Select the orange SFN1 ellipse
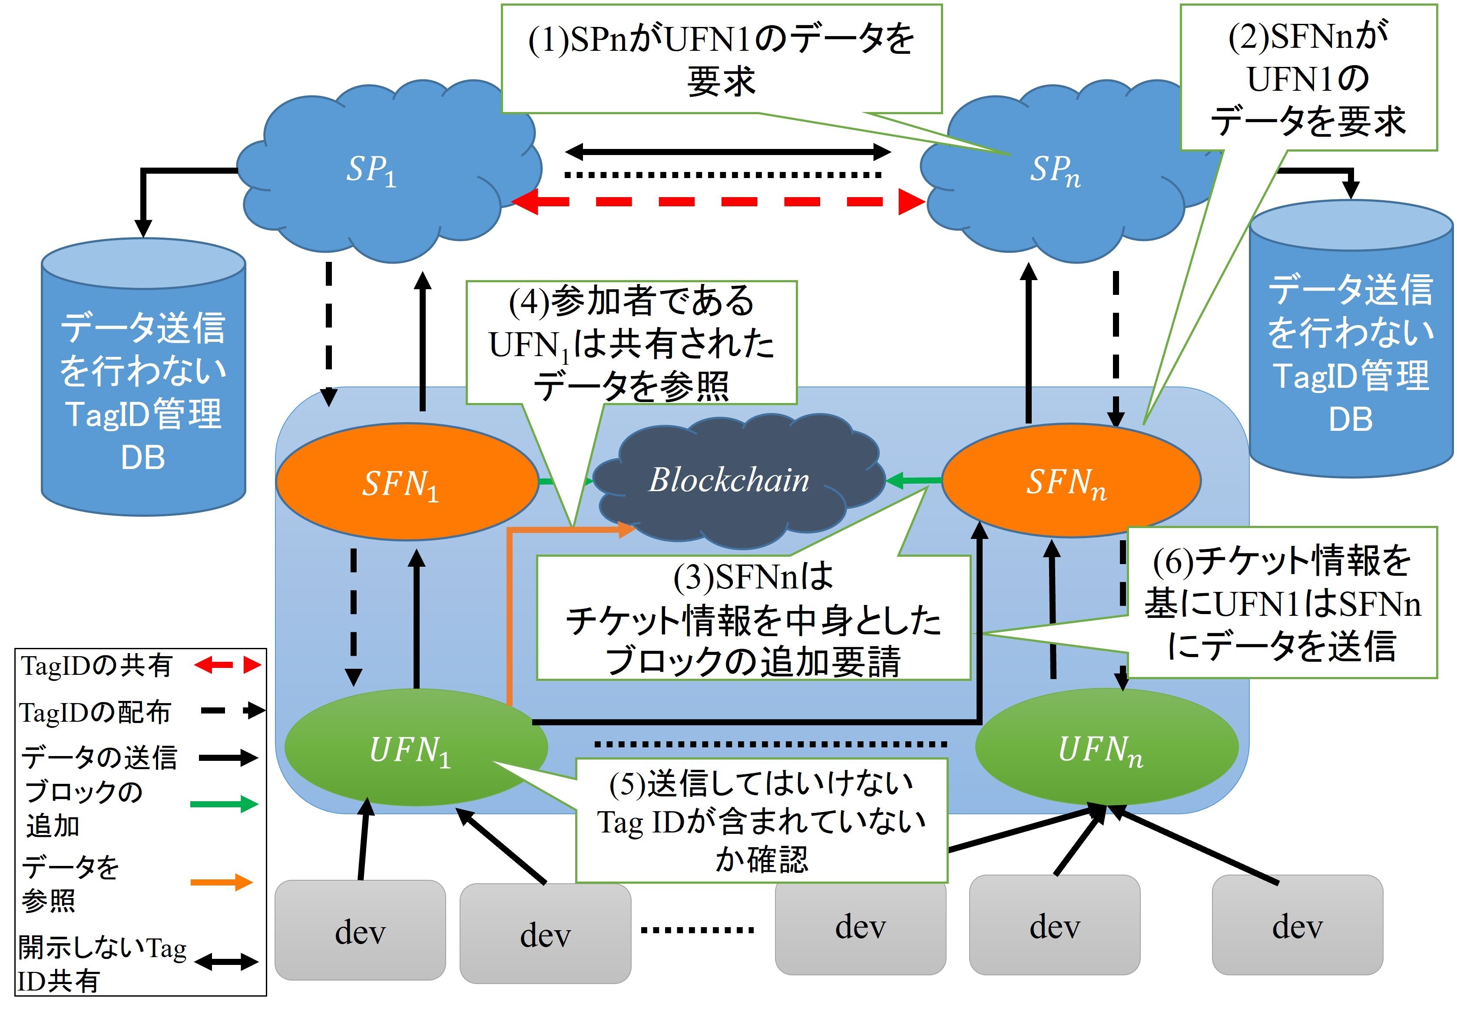point(406,482)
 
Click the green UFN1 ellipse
point(413,749)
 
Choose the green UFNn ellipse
point(1104,749)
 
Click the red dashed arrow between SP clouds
point(717,202)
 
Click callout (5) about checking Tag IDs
point(762,821)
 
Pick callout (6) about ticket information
point(1282,603)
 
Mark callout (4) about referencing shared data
point(631,343)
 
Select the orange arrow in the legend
point(222,882)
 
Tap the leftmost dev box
point(360,930)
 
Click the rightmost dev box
point(1297,925)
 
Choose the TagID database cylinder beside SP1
point(143,381)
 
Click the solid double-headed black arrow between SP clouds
point(728,152)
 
